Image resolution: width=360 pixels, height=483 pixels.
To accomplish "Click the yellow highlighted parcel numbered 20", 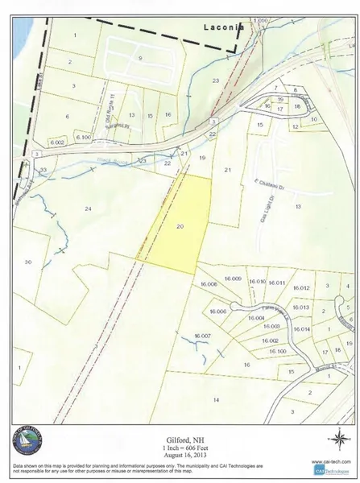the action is (x=180, y=226).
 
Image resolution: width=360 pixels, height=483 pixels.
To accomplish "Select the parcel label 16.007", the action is (x=201, y=335).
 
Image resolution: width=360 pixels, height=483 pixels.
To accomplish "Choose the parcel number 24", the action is (x=88, y=208).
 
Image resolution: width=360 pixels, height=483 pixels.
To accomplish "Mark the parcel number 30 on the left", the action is (x=27, y=262).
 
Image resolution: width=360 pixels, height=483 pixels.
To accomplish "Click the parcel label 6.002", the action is (x=56, y=142).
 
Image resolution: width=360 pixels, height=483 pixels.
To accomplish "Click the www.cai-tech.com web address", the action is (x=327, y=462).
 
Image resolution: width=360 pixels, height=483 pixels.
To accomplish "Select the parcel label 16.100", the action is (x=278, y=352).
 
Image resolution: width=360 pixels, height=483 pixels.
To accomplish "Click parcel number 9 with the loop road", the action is (x=140, y=58).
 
